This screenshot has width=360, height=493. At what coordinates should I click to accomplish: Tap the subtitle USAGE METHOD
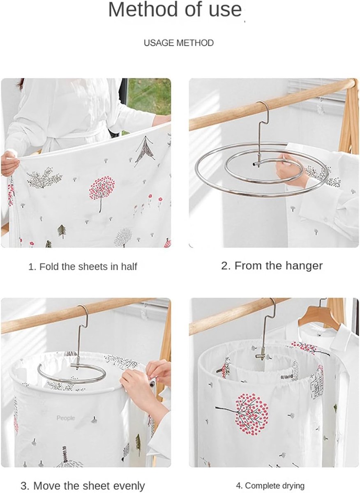tap(179, 43)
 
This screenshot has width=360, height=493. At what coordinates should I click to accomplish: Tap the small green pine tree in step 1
tap(62, 231)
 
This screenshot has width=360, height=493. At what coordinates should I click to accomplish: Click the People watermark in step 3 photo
tap(66, 418)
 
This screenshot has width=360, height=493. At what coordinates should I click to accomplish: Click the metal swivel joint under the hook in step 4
tap(262, 355)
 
